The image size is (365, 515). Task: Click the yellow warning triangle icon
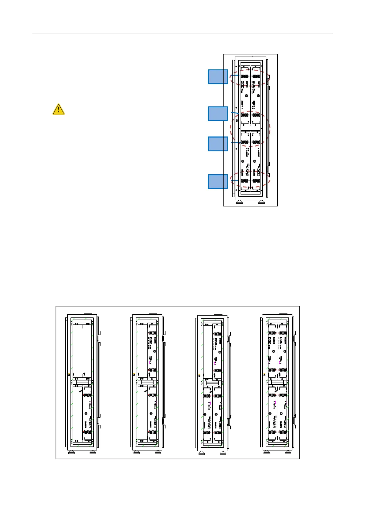click(x=59, y=109)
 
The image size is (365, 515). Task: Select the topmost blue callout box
click(x=218, y=76)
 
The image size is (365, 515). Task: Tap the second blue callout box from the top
click(x=218, y=114)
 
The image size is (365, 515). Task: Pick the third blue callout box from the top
click(x=218, y=144)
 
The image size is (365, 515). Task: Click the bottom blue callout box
click(x=218, y=182)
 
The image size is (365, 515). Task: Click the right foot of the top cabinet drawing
click(x=261, y=202)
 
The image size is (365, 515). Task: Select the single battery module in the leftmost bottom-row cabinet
click(x=87, y=413)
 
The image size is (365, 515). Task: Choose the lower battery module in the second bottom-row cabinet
click(x=152, y=413)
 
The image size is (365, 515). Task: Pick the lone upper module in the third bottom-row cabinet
click(x=217, y=352)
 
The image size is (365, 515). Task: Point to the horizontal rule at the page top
click(x=182, y=34)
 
